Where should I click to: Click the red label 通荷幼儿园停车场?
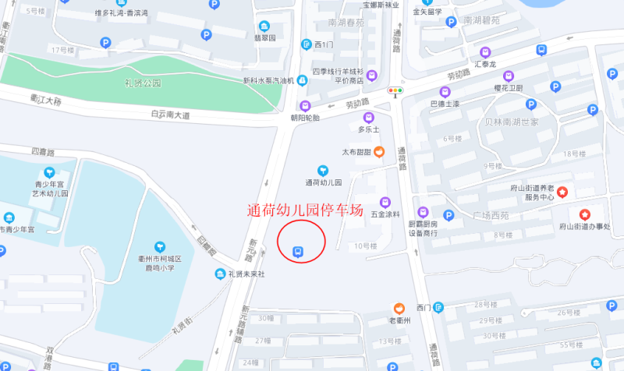[305, 210]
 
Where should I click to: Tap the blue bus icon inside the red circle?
[296, 251]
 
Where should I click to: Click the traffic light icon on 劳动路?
[397, 91]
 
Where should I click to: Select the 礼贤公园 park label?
[143, 83]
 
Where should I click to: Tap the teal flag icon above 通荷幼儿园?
[323, 170]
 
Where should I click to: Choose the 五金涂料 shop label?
[385, 214]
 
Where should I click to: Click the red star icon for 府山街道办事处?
[584, 214]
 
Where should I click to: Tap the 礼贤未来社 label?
[246, 274]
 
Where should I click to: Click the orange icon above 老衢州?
[399, 309]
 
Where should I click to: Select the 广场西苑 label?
[491, 215]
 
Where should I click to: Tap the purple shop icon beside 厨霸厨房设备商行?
[424, 212]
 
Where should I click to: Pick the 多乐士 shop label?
[368, 129]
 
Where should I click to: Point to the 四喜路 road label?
[44, 150]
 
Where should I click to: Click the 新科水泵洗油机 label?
[268, 80]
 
